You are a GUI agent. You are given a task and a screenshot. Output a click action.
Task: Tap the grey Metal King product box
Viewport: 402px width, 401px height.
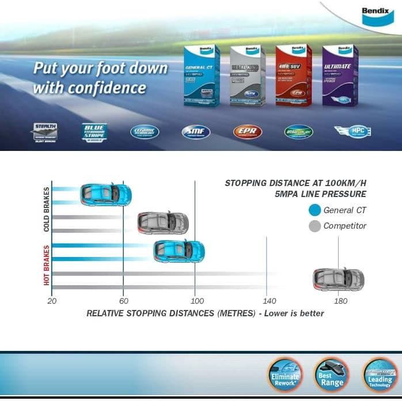(248, 76)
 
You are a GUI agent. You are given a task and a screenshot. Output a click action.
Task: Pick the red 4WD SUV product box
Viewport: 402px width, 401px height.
(294, 76)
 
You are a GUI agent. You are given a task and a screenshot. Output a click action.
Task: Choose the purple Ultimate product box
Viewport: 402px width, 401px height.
(340, 76)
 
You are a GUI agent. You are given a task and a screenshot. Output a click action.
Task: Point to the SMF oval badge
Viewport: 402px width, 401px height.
(196, 133)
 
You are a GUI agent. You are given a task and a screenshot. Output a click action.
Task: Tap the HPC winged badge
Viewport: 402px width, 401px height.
(352, 132)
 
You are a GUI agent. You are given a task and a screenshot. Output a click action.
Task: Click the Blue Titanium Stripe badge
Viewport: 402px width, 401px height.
(94, 132)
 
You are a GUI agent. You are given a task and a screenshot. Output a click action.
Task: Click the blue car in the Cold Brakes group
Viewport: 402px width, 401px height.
(106, 194)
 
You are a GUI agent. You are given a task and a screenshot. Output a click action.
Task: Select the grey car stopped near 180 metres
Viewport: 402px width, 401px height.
(339, 279)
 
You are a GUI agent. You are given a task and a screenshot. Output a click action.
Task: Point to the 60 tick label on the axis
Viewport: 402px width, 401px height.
(123, 301)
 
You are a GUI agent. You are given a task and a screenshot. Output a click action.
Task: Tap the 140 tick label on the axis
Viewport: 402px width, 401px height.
(269, 301)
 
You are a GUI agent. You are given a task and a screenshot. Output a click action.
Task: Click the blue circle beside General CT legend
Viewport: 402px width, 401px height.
(314, 210)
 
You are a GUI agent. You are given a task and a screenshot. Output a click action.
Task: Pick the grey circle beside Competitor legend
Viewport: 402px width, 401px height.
(314, 226)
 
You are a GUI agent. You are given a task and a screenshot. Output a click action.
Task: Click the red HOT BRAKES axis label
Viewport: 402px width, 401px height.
(47, 265)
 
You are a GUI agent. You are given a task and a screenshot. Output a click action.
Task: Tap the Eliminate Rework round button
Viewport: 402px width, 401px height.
(285, 375)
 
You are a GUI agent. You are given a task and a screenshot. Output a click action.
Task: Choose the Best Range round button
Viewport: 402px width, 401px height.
(331, 375)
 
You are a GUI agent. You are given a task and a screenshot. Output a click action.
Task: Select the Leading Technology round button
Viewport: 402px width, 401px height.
(380, 375)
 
